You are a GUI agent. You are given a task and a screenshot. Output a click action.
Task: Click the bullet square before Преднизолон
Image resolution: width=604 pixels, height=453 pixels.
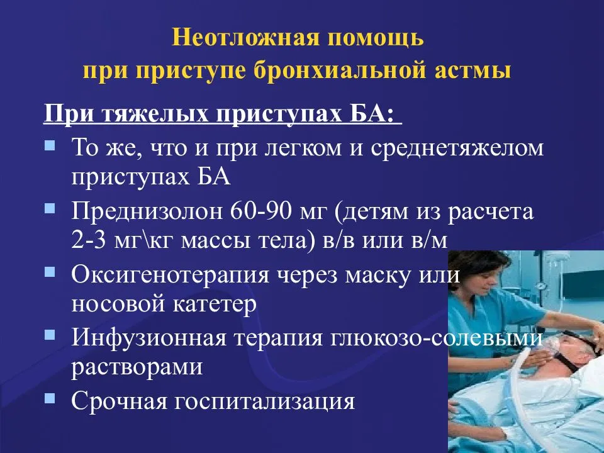pyautogui.click(x=50, y=208)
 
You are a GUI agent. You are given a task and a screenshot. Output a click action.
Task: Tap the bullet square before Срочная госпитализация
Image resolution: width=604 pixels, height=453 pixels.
pyautogui.click(x=50, y=397)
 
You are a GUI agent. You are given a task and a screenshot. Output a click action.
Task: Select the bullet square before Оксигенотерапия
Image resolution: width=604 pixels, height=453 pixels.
pyautogui.click(x=50, y=272)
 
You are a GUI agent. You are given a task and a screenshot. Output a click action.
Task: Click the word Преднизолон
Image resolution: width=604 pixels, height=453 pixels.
pyautogui.click(x=147, y=212)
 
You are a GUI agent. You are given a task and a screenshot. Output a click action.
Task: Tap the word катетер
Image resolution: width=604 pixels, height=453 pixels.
pyautogui.click(x=214, y=305)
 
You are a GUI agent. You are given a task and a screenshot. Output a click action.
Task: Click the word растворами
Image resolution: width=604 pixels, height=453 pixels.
pyautogui.click(x=137, y=367)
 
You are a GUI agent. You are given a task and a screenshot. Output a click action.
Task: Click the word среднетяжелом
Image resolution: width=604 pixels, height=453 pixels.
pyautogui.click(x=457, y=148)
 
